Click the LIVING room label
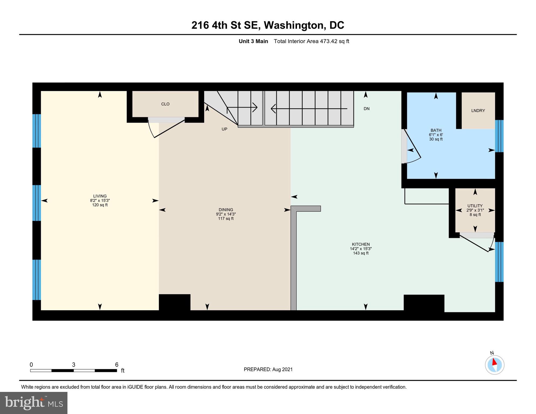point(100,196)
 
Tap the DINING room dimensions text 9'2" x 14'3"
point(226,214)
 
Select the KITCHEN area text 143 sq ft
point(361,253)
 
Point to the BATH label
point(436,130)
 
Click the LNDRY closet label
point(478,111)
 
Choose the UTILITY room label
point(475,206)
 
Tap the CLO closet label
point(165,104)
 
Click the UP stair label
point(224,129)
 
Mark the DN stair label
point(366,109)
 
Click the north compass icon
point(494,365)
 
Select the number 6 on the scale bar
point(117,365)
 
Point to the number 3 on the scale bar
point(73,365)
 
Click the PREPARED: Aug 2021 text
point(268,370)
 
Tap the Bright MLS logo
point(34,403)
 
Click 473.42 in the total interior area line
point(329,41)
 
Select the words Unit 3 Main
point(253,41)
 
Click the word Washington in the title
point(294,25)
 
